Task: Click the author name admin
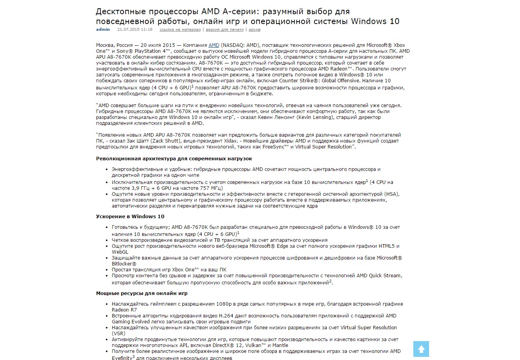[103, 30]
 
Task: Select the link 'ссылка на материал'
[180, 30]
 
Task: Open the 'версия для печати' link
[224, 30]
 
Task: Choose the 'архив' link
[254, 30]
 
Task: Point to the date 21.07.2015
[127, 30]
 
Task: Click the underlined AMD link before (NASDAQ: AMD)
[214, 45]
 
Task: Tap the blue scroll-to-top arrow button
[421, 349]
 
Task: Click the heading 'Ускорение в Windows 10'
[130, 217]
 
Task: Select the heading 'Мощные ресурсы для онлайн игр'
[142, 293]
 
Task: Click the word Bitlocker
[122, 264]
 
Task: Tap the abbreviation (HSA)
[392, 194]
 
